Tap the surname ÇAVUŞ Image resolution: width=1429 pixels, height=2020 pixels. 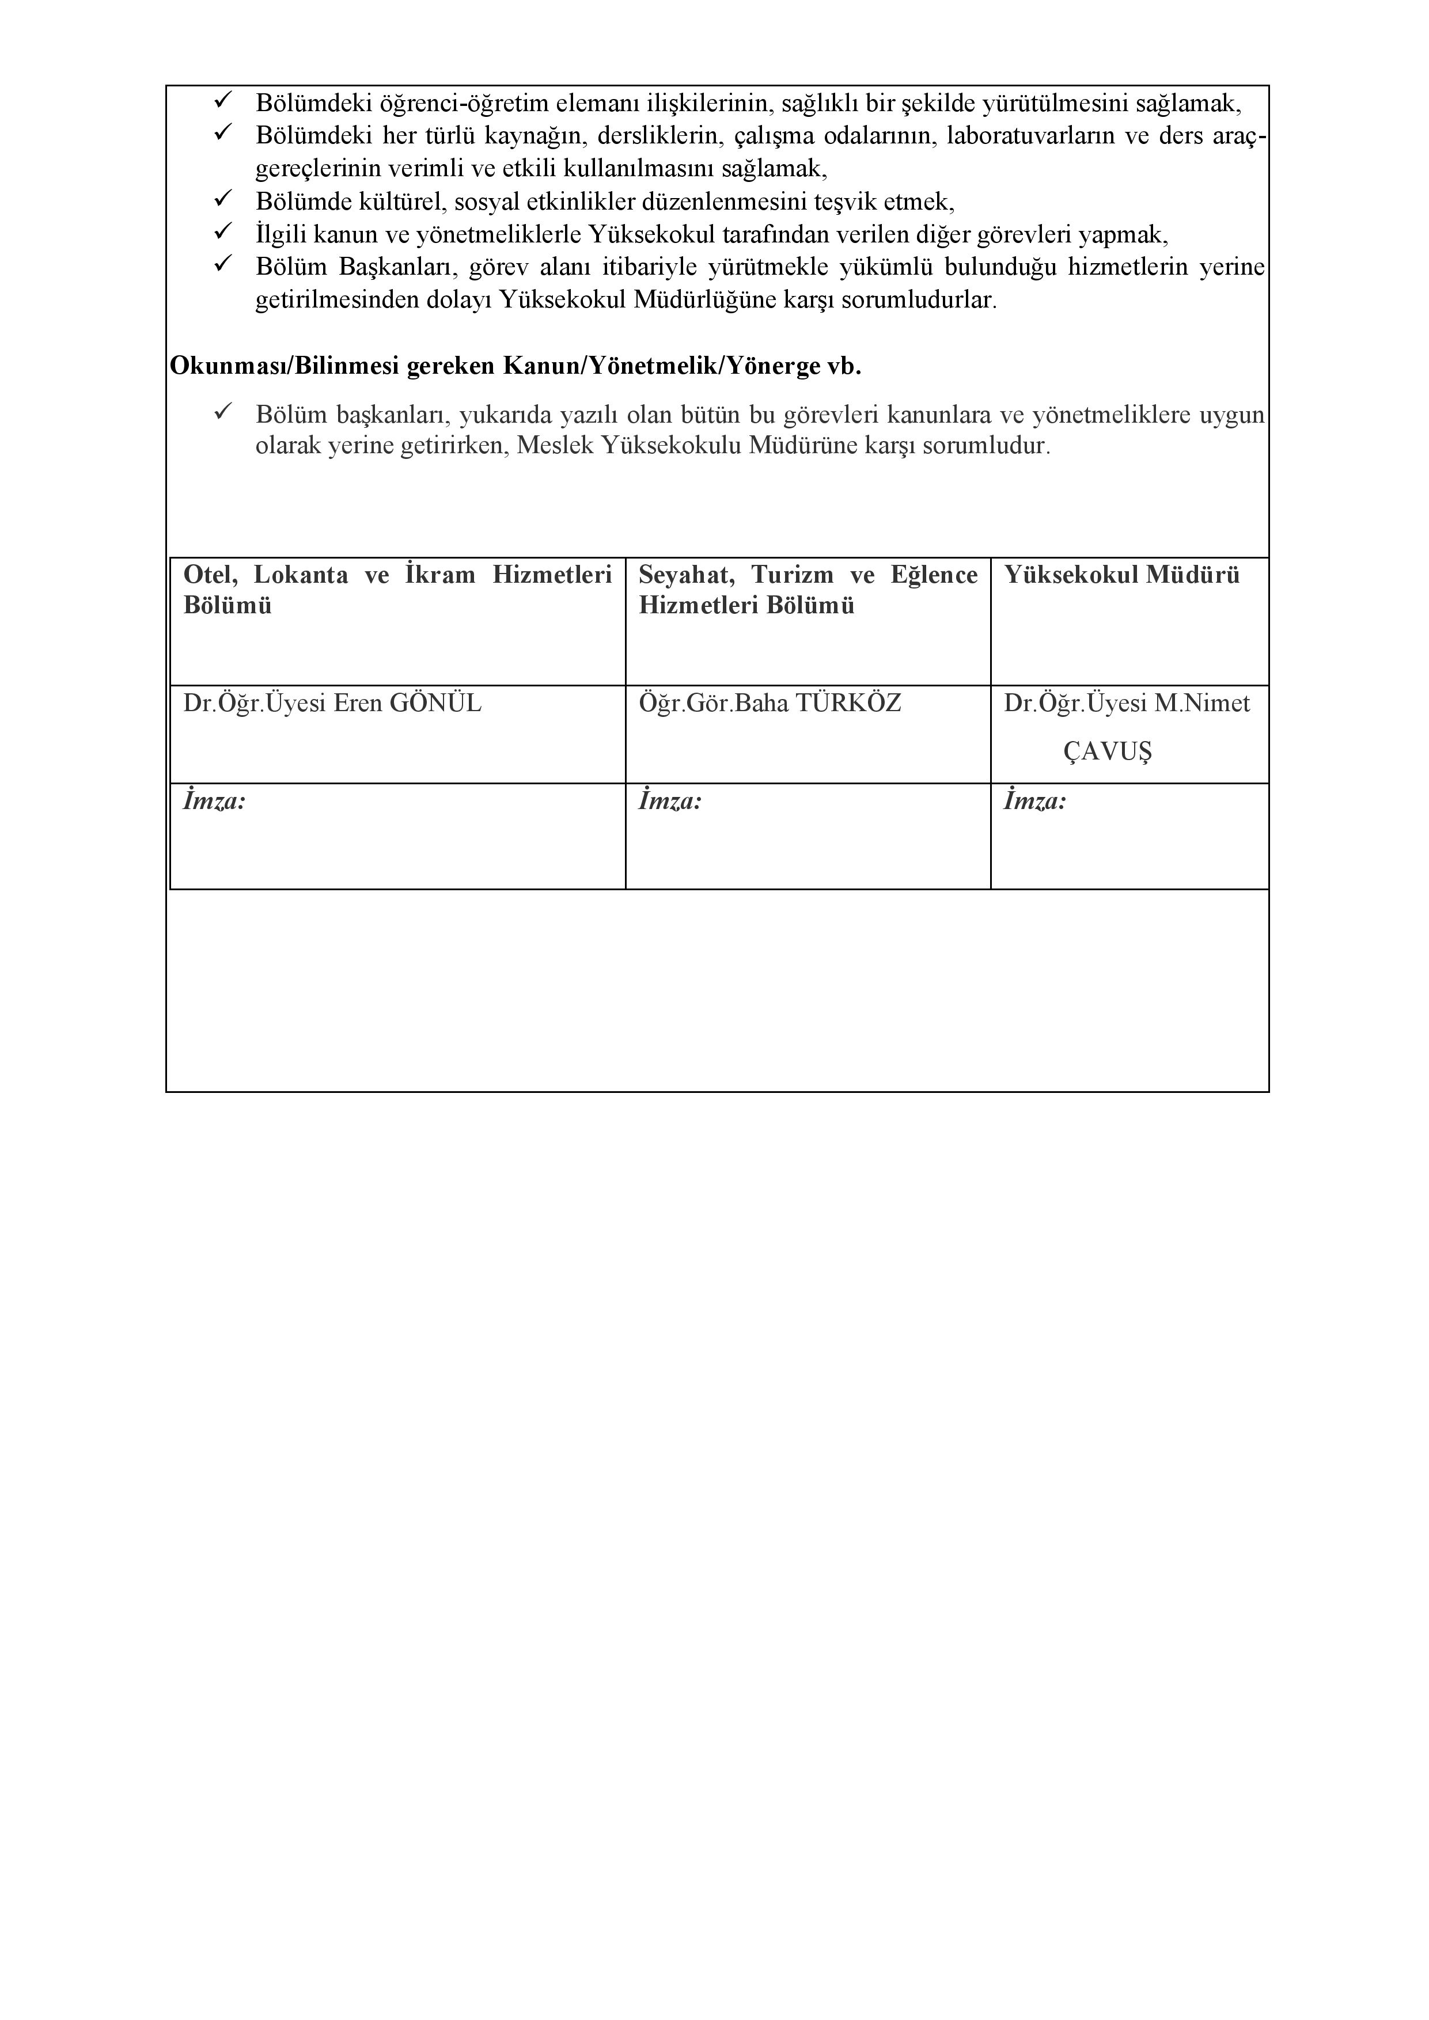1107,751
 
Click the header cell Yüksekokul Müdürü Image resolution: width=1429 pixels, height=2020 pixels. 1122,575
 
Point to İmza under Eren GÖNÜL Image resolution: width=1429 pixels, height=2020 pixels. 214,802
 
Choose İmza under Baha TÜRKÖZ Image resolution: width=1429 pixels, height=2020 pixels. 670,802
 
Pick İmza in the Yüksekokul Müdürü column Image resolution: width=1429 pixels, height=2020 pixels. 1035,802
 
